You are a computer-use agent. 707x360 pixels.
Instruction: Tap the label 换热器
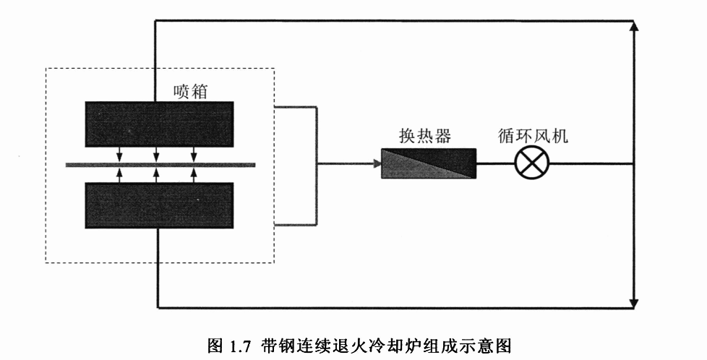click(x=425, y=135)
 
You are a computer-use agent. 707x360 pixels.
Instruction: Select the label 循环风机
click(x=534, y=135)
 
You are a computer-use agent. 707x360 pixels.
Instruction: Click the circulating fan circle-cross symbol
click(x=531, y=163)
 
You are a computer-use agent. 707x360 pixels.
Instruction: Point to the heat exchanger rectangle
click(x=429, y=163)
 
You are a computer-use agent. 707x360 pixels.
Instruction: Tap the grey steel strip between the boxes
click(x=80, y=165)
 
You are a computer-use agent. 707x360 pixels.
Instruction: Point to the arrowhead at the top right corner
click(x=633, y=26)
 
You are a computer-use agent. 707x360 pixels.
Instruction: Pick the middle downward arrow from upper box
click(x=157, y=156)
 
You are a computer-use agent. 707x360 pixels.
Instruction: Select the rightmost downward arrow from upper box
click(x=194, y=156)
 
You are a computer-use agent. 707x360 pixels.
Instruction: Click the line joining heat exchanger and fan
click(x=495, y=163)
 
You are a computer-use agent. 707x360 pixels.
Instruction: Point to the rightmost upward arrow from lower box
click(x=194, y=173)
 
